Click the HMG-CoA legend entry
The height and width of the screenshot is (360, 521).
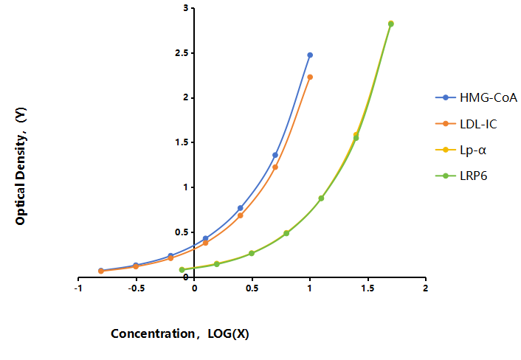pyautogui.click(x=476, y=97)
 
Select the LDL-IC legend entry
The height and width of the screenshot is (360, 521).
pyautogui.click(x=466, y=124)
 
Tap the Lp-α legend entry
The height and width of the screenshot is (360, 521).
pyautogui.click(x=461, y=150)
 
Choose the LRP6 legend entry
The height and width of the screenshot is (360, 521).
pyautogui.click(x=461, y=176)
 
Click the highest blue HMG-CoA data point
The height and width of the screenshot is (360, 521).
pyautogui.click(x=310, y=55)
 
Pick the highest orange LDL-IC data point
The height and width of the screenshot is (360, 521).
pyautogui.click(x=310, y=77)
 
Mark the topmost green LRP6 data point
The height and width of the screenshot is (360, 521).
pyautogui.click(x=391, y=24)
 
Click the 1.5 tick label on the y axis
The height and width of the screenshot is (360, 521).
pyautogui.click(x=182, y=142)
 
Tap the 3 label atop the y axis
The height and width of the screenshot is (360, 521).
pyautogui.click(x=186, y=8)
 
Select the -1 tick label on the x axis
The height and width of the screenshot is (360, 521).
pyautogui.click(x=78, y=288)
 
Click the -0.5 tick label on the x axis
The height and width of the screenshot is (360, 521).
pyautogui.click(x=137, y=288)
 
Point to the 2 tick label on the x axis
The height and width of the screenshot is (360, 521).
pyautogui.click(x=425, y=288)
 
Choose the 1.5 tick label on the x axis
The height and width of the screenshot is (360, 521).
pyautogui.click(x=368, y=288)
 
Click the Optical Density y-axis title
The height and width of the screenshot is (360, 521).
pyautogui.click(x=21, y=166)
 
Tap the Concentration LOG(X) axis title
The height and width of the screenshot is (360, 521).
pyautogui.click(x=180, y=333)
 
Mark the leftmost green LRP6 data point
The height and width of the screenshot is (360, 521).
pyautogui.click(x=182, y=270)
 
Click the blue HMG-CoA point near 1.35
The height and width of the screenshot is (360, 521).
pyautogui.click(x=275, y=155)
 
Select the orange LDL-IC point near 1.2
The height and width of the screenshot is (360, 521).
pyautogui.click(x=275, y=167)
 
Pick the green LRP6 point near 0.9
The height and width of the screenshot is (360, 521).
pyautogui.click(x=321, y=198)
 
